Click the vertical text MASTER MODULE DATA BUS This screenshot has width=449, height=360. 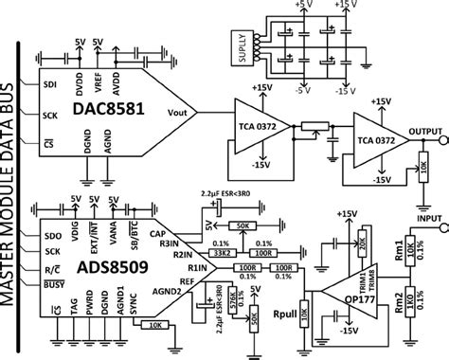(14, 180)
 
